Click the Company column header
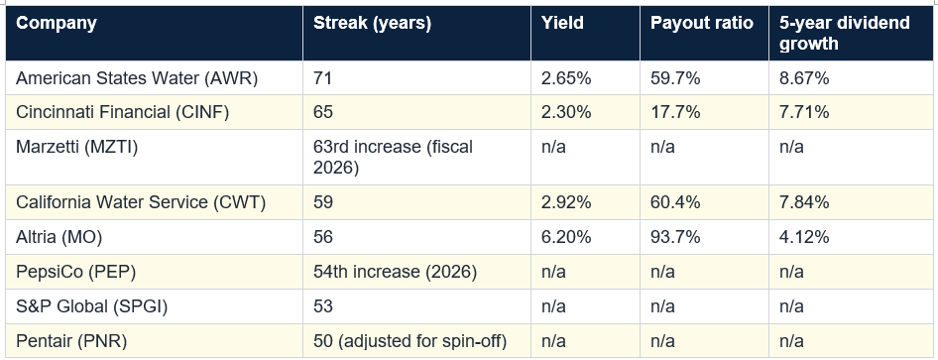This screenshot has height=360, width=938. pyautogui.click(x=57, y=24)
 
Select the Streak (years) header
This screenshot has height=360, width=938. pyautogui.click(x=372, y=24)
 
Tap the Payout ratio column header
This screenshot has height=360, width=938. pyautogui.click(x=702, y=24)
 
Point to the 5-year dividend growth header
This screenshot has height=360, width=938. pyautogui.click(x=845, y=34)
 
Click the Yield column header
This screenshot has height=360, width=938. pyautogui.click(x=562, y=24)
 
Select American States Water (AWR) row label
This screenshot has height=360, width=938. pyautogui.click(x=137, y=78)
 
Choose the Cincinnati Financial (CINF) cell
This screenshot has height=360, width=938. pyautogui.click(x=123, y=112)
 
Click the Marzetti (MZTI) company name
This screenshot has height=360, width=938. pyautogui.click(x=76, y=147)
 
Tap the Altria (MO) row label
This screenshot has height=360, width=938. pyautogui.click(x=59, y=237)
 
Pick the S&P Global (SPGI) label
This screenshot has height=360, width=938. pyautogui.click(x=91, y=306)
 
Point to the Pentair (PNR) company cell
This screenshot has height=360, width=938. pyautogui.click(x=71, y=341)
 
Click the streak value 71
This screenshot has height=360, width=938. pyautogui.click(x=322, y=78)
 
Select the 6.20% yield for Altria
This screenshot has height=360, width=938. pyautogui.click(x=566, y=237)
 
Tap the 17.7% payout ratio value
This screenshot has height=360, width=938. pyautogui.click(x=675, y=112)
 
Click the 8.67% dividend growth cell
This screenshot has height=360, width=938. pyautogui.click(x=804, y=78)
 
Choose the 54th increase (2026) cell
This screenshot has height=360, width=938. pyautogui.click(x=396, y=272)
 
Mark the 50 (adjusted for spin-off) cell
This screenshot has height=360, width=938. pyautogui.click(x=410, y=341)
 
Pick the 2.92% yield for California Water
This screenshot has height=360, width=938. pyautogui.click(x=566, y=202)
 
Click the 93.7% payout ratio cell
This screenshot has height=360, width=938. pyautogui.click(x=675, y=237)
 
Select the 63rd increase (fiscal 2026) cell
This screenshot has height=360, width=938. pyautogui.click(x=393, y=158)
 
